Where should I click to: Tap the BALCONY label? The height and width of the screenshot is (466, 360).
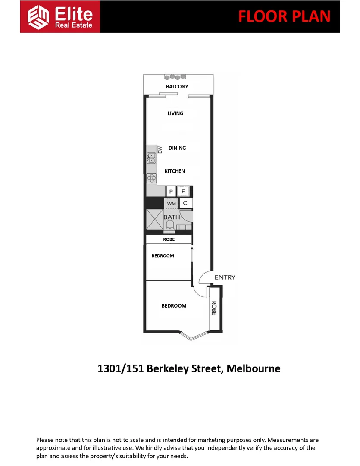[177, 87]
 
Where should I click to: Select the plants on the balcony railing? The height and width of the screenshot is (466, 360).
[175, 77]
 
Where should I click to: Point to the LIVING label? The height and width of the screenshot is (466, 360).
[175, 113]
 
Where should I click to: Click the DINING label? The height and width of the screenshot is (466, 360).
[177, 148]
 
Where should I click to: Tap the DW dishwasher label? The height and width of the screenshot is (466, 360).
[160, 150]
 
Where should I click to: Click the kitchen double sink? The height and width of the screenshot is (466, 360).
[151, 158]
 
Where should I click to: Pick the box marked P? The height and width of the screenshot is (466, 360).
[171, 191]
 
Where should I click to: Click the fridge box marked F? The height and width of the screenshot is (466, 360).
[183, 191]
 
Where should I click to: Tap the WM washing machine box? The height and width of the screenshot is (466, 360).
[171, 203]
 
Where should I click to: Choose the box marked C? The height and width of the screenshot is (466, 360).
[185, 203]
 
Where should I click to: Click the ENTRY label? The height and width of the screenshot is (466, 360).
[225, 277]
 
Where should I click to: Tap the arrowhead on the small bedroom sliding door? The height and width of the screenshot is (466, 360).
[191, 249]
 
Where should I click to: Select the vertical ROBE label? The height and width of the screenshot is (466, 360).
[213, 308]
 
